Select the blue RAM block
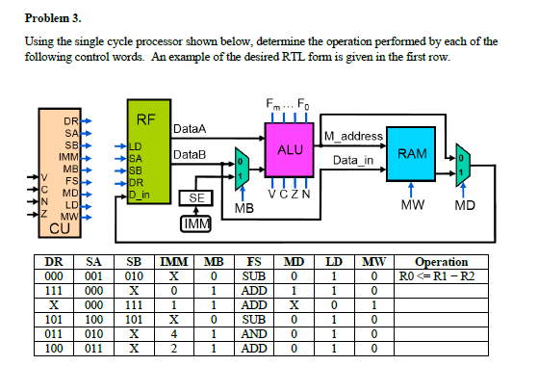coord(412,154)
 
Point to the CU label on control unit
coord(59,228)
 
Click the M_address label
coord(354,136)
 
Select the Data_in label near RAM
coord(352,160)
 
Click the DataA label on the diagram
coord(190,128)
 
